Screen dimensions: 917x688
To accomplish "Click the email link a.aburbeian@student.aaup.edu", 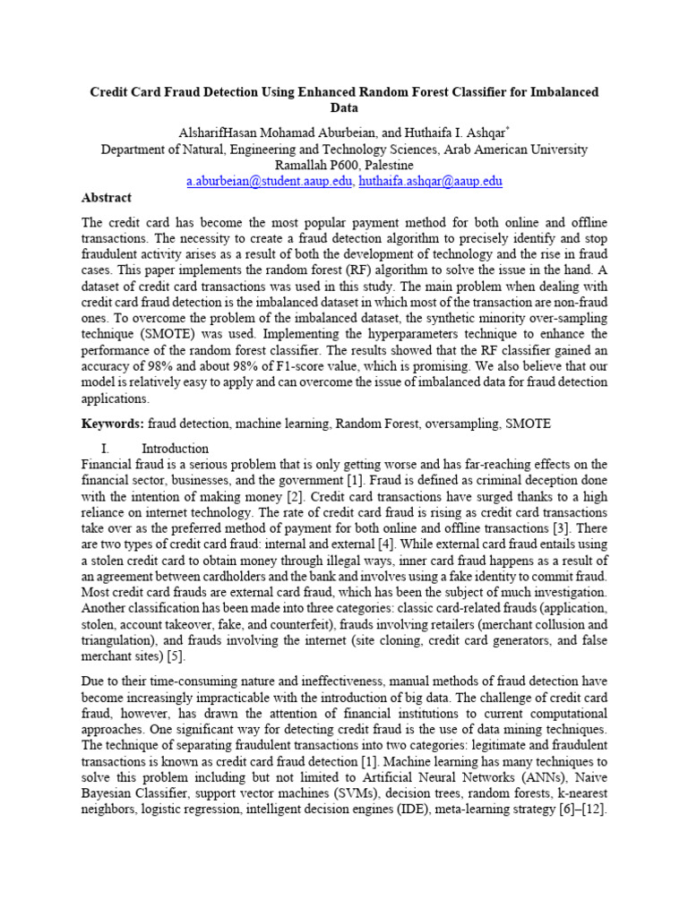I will (x=270, y=181).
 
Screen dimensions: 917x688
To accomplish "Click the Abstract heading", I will (x=107, y=198).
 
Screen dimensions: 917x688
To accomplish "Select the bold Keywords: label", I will (x=113, y=423).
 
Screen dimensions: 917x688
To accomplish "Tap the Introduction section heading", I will (x=176, y=448).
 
